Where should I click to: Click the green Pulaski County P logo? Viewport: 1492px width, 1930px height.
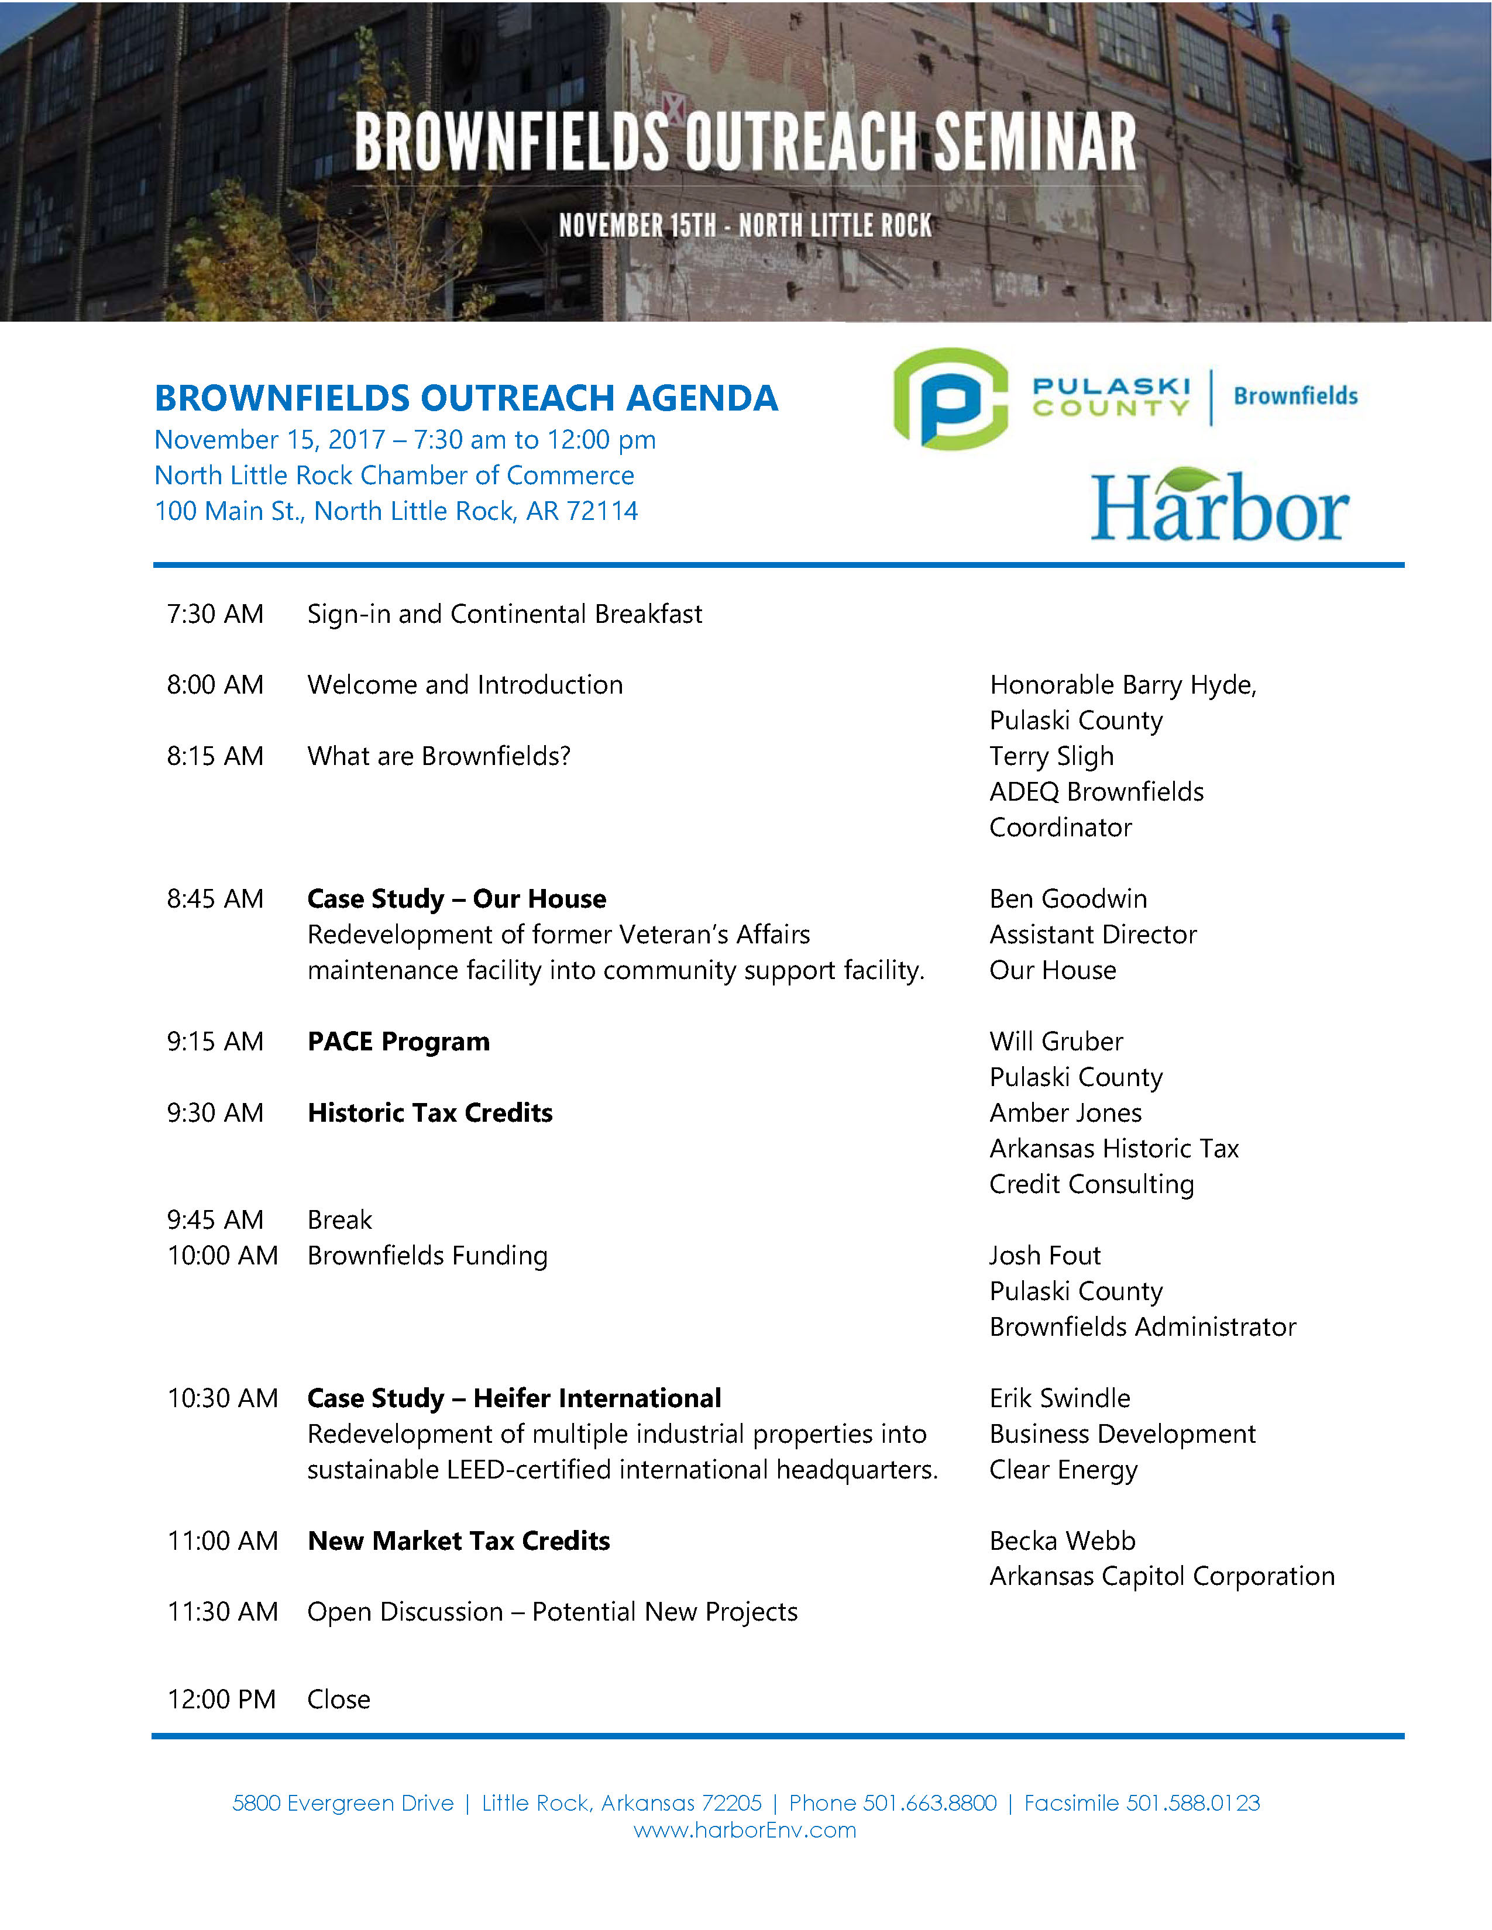point(950,399)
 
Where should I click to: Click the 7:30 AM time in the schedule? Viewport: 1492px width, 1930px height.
point(215,614)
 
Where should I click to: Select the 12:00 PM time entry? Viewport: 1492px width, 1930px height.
point(221,1698)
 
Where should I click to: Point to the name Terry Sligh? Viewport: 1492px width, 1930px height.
point(1051,756)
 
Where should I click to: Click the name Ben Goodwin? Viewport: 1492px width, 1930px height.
point(1068,899)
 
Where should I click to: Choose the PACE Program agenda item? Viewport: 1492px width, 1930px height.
point(398,1042)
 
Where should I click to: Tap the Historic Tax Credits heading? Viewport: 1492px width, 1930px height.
point(429,1112)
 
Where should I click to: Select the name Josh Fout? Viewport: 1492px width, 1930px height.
point(1045,1256)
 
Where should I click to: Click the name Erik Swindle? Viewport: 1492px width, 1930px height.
point(1060,1398)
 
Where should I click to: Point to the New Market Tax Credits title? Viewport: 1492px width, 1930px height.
point(458,1541)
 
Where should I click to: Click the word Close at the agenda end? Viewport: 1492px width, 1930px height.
point(339,1698)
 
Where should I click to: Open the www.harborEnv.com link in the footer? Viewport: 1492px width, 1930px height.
point(745,1829)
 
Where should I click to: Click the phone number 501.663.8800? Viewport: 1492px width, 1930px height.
point(929,1803)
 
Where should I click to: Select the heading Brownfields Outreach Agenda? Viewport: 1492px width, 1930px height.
point(466,398)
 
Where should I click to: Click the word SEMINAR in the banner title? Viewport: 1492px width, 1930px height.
point(1034,142)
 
